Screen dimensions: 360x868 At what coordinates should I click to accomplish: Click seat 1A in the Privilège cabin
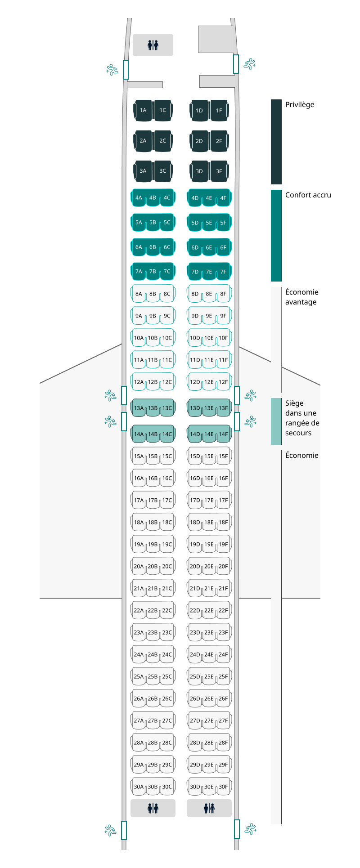pos(143,110)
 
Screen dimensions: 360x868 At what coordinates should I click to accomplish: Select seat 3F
pos(219,171)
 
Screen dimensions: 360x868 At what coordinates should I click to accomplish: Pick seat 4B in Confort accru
pos(153,198)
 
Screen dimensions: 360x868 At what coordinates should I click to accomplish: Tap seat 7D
pos(195,272)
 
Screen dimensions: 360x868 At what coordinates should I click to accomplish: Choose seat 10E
pos(209,338)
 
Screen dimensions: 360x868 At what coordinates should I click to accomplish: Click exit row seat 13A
pos(139,408)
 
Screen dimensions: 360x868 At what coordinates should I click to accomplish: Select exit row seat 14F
pos(224,434)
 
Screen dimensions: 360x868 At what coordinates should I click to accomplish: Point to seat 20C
pos(167,566)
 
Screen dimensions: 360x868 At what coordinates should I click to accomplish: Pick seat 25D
pos(195,676)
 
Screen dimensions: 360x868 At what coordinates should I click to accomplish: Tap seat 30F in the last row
pos(224,787)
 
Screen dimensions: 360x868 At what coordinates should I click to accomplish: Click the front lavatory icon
pos(153,45)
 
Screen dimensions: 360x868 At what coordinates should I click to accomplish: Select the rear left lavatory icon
pos(153,808)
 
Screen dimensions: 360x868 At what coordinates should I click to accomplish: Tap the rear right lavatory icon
pos(209,808)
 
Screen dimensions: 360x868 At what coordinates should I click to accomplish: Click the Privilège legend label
pos(300,105)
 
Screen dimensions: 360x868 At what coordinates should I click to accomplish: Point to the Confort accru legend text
pos(308,195)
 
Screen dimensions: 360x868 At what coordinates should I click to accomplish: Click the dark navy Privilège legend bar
pos(276,142)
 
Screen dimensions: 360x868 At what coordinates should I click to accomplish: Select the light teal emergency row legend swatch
pos(276,421)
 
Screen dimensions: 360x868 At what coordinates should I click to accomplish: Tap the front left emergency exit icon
pos(112,70)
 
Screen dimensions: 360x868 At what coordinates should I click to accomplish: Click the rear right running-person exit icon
pos(250,829)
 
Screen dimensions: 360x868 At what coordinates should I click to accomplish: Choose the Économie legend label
pos(302,456)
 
